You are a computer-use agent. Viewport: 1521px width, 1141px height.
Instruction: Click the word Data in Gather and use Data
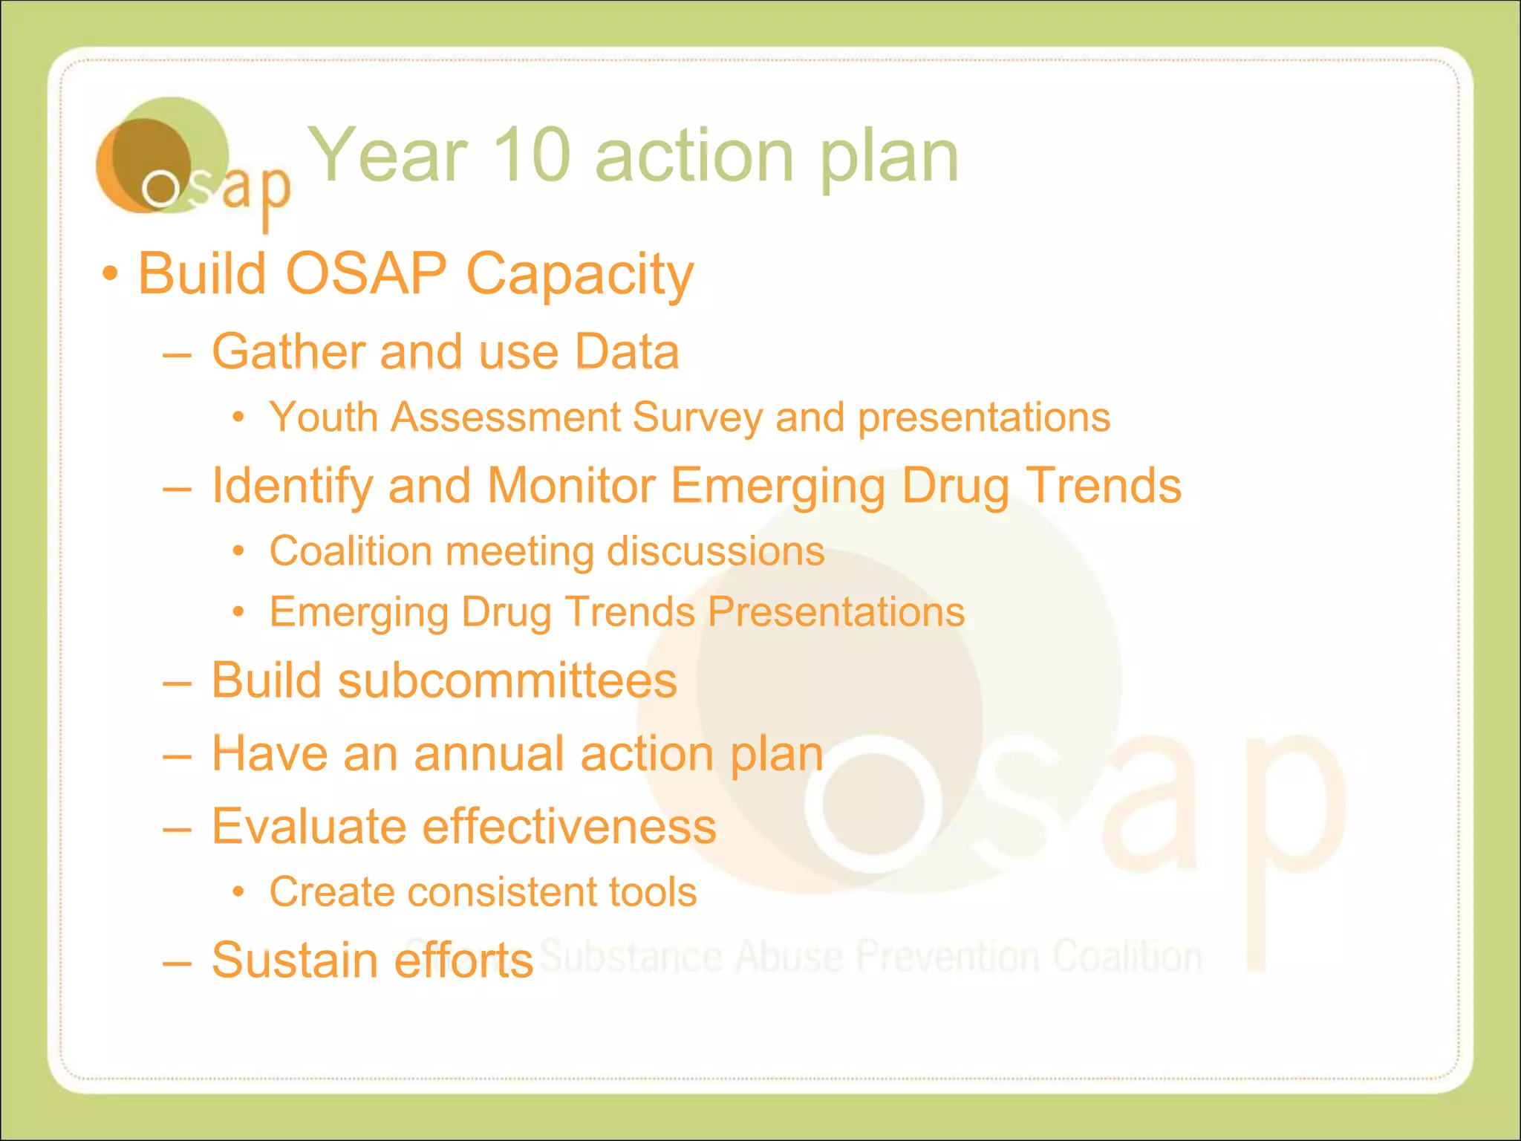tap(628, 351)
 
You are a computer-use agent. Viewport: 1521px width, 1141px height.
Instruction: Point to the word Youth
tap(323, 417)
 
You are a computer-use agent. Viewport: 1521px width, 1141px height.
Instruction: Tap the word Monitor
tap(570, 486)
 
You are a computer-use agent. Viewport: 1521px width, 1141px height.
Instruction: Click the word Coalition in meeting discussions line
tap(351, 551)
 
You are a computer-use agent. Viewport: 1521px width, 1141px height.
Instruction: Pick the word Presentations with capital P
tap(836, 612)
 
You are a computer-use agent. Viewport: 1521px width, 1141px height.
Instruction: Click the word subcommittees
tap(507, 680)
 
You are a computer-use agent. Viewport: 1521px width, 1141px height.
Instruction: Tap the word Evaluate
tap(309, 827)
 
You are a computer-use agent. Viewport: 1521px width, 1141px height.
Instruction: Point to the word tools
tap(652, 892)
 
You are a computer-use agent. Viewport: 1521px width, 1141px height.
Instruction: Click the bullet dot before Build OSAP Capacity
tap(110, 273)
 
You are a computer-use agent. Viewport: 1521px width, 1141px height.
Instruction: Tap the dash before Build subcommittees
tap(177, 682)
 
